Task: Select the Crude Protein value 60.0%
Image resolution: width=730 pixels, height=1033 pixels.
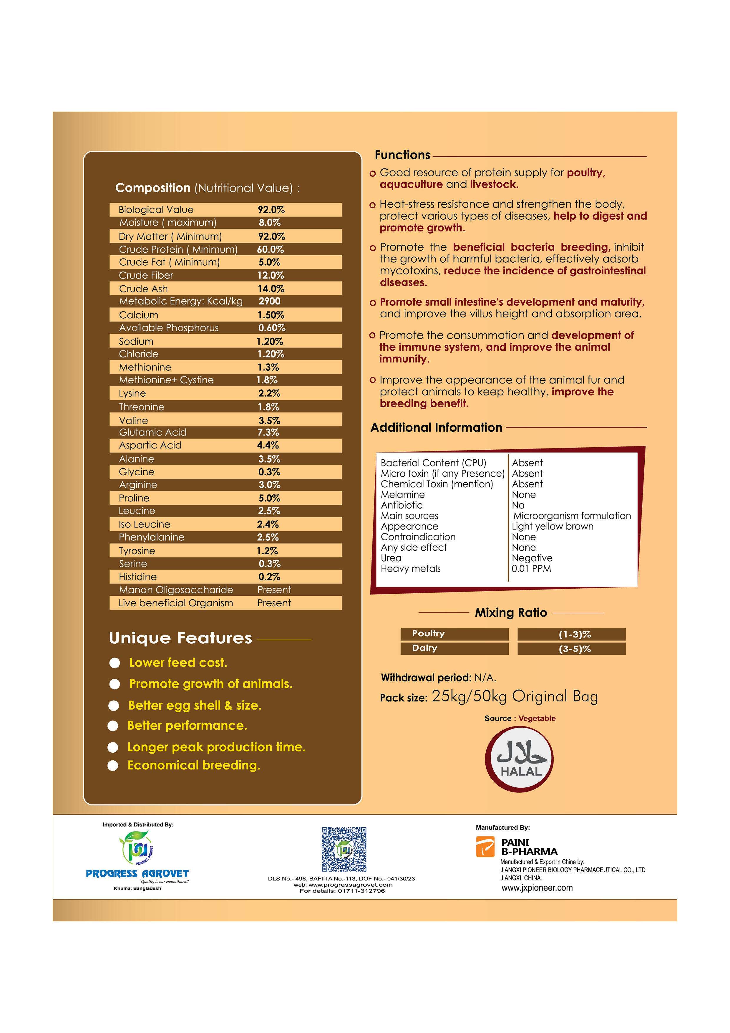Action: click(x=270, y=249)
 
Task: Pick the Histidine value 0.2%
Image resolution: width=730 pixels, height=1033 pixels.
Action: click(x=269, y=577)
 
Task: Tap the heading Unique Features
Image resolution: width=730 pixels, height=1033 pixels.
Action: click(x=180, y=638)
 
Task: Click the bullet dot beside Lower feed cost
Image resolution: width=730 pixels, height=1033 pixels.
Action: click(x=115, y=663)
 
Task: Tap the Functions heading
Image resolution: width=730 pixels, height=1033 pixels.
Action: click(x=403, y=155)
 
